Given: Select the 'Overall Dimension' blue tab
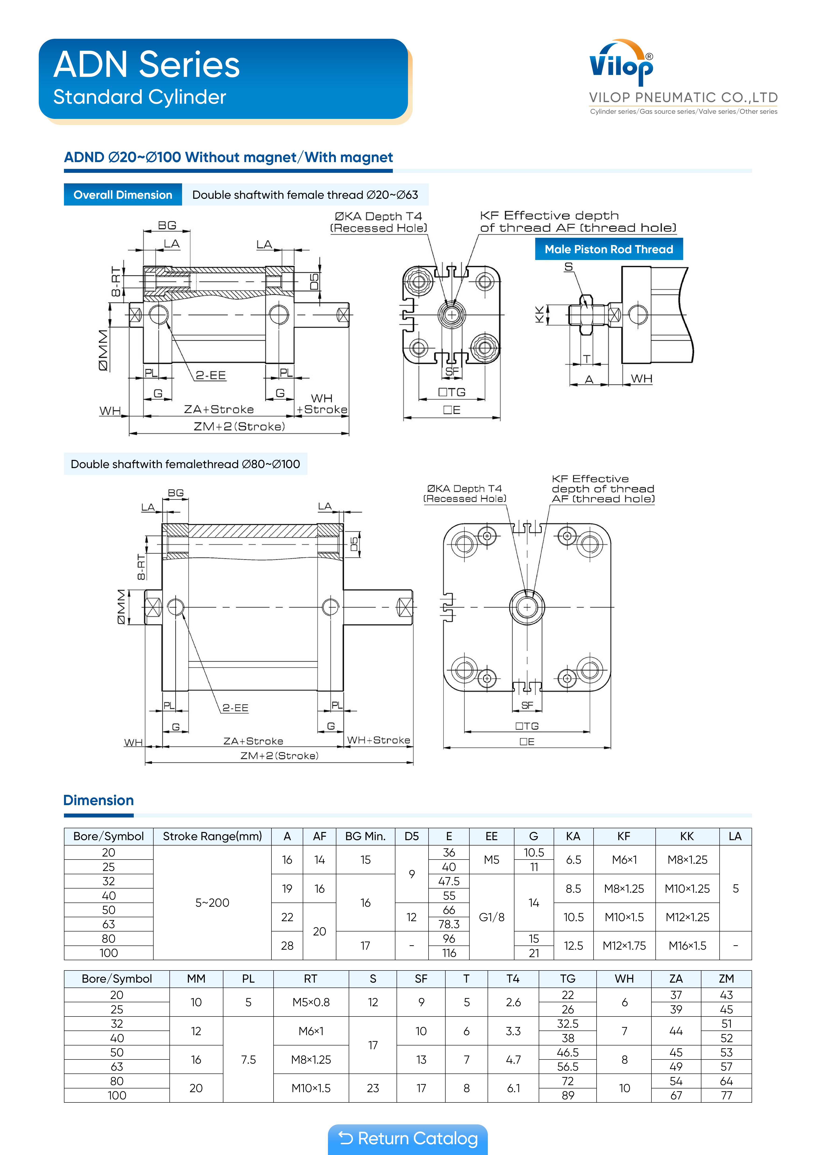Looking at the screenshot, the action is tap(123, 195).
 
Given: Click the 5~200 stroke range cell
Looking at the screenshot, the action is tap(212, 903).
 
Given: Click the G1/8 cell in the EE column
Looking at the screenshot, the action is tap(491, 917).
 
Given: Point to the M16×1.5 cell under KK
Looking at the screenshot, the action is tap(687, 946).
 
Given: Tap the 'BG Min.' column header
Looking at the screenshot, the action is tap(366, 836).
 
